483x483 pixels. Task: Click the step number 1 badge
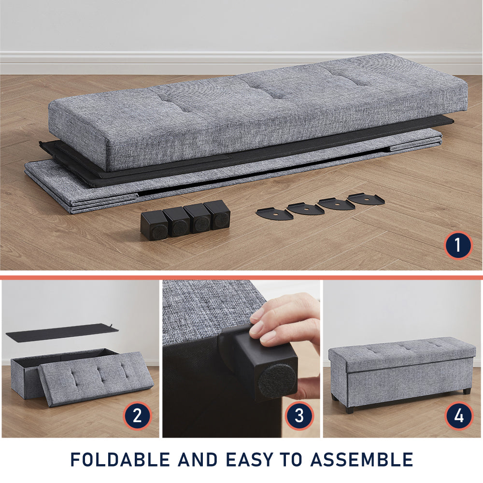pyautogui.click(x=458, y=245)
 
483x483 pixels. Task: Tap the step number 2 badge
pyautogui.click(x=137, y=415)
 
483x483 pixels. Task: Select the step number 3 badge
pyautogui.click(x=299, y=415)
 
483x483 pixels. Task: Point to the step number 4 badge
pyautogui.click(x=459, y=415)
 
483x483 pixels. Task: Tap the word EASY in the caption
pyautogui.click(x=249, y=460)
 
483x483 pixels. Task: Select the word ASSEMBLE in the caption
pyautogui.click(x=362, y=460)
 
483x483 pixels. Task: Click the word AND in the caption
pyautogui.click(x=198, y=460)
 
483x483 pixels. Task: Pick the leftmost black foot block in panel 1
pyautogui.click(x=155, y=226)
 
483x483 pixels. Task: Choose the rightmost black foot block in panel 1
pyautogui.click(x=217, y=215)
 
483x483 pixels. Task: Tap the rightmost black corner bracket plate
pyautogui.click(x=366, y=199)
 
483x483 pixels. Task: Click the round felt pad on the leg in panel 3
pyautogui.click(x=276, y=381)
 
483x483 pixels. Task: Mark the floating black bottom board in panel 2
pyautogui.click(x=62, y=330)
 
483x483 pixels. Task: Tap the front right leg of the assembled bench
pyautogui.click(x=467, y=391)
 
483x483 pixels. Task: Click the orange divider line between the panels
pyautogui.click(x=241, y=278)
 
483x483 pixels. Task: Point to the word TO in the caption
pyautogui.click(x=291, y=460)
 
